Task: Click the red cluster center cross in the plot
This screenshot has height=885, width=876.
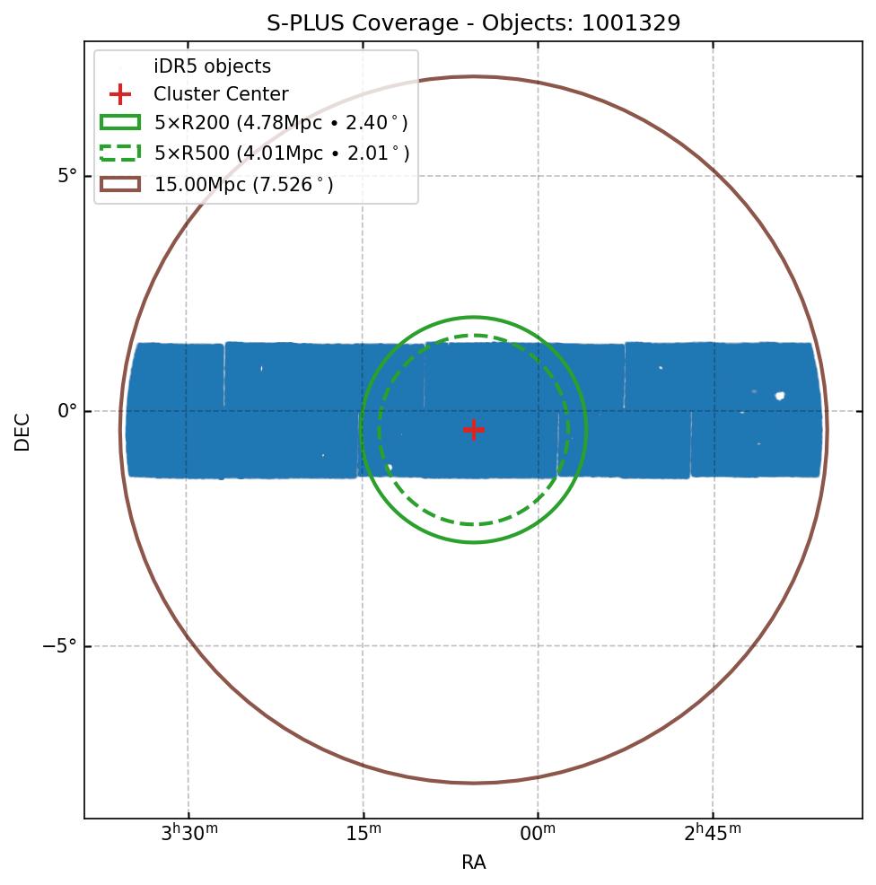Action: [474, 430]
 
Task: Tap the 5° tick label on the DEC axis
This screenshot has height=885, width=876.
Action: [67, 176]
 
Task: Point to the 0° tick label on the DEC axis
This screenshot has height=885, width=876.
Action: [67, 411]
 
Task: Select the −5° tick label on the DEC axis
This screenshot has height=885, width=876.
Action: [61, 646]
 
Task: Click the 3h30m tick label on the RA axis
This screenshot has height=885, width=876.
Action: [188, 835]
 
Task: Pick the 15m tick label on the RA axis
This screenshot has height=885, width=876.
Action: [364, 835]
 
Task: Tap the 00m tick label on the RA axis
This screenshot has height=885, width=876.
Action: [539, 835]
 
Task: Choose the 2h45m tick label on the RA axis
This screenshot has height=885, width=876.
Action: [713, 835]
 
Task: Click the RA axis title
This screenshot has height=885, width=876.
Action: [474, 863]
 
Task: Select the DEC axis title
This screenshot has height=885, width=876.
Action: [22, 431]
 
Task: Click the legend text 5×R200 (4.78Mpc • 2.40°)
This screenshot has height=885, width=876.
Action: [281, 123]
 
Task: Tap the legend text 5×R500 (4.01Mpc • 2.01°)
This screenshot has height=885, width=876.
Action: [281, 153]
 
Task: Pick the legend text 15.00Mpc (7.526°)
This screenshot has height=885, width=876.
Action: [243, 185]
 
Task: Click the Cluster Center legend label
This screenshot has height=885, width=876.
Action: [221, 94]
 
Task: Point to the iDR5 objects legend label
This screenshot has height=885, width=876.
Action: [212, 66]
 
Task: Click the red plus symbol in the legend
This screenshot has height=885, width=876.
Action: [120, 94]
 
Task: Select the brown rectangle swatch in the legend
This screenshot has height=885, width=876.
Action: [120, 184]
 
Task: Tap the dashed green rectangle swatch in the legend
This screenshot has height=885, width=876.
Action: [120, 153]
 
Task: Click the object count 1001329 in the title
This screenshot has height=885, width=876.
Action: [631, 23]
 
